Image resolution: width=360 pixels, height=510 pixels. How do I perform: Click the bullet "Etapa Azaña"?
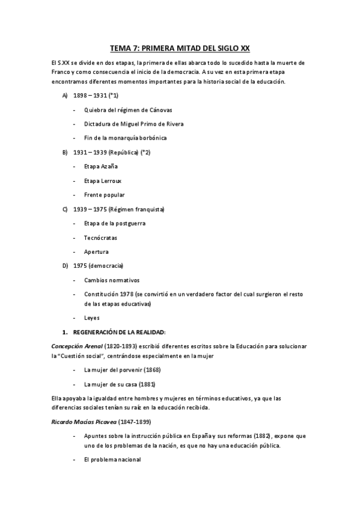[x=101, y=167]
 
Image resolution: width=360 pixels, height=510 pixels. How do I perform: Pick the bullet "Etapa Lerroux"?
[x=103, y=181]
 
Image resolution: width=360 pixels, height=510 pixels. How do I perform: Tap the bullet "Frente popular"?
[x=105, y=195]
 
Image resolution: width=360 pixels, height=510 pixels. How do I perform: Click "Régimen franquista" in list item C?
[x=141, y=209]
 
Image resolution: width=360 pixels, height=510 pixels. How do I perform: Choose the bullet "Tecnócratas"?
[x=101, y=238]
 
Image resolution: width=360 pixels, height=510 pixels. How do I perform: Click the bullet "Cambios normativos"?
[x=112, y=280]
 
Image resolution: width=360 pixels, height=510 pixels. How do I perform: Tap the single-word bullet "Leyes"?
[x=92, y=318]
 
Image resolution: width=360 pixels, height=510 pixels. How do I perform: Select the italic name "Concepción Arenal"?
[x=76, y=346]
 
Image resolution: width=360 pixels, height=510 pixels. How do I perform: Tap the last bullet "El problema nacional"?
[x=112, y=459]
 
